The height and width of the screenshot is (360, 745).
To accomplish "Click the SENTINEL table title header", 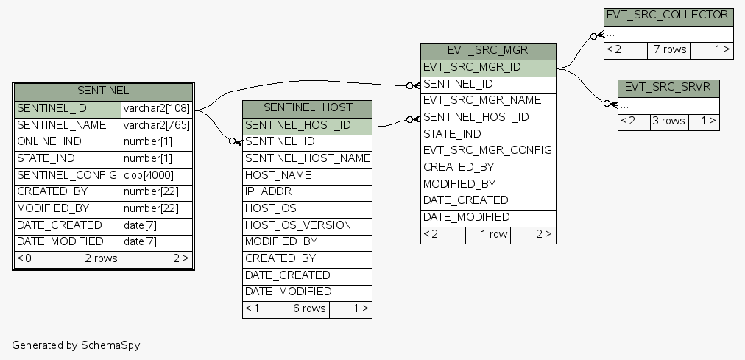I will tap(103, 91).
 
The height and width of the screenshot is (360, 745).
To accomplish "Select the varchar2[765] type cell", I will tap(156, 125).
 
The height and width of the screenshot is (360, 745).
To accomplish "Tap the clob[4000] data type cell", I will tap(156, 175).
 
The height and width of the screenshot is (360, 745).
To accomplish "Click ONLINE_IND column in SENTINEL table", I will tap(67, 141).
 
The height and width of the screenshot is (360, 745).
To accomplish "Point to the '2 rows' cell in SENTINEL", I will tap(94, 258).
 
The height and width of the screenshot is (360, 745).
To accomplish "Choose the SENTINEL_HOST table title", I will tap(307, 108).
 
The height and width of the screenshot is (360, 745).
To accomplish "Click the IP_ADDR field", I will tap(307, 192).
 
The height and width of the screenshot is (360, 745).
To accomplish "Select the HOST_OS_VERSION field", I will tap(307, 225).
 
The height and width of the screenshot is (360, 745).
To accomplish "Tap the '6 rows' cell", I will tap(308, 308).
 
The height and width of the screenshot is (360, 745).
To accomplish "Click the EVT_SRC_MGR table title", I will tap(488, 51).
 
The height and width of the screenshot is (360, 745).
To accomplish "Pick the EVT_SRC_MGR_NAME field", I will tap(488, 100).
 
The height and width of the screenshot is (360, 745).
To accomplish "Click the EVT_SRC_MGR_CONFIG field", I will tap(488, 150).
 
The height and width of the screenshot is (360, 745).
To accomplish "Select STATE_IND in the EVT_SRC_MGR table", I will tap(488, 134).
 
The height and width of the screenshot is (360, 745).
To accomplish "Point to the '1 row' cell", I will tap(488, 234).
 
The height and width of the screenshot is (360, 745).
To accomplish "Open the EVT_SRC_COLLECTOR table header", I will tap(667, 15).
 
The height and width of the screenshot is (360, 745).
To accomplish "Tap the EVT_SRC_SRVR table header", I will tap(668, 87).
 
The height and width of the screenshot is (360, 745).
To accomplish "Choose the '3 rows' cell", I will tap(668, 121).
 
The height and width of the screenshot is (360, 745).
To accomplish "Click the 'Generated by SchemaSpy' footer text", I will tap(76, 345).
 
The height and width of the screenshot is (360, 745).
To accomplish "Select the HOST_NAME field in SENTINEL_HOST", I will tap(307, 175).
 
